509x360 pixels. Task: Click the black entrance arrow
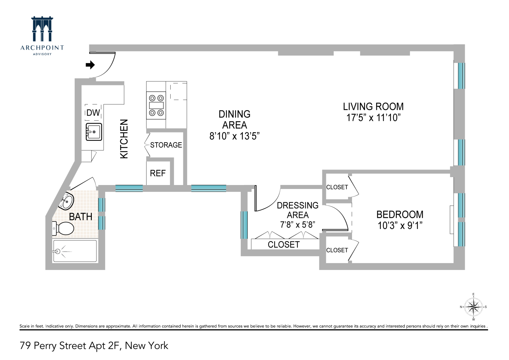tap(90, 65)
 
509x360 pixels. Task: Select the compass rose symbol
tap(473, 307)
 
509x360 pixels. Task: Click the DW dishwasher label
tap(93, 113)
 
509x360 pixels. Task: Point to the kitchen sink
tap(94, 132)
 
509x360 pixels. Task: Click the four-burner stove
tap(156, 105)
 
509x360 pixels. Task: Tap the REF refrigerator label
tap(158, 173)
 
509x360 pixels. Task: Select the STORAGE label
tap(166, 145)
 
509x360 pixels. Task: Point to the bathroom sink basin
tap(67, 201)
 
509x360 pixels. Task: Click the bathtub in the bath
tap(75, 251)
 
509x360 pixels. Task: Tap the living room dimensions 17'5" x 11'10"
tap(373, 118)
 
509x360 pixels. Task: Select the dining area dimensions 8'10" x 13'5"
tap(234, 136)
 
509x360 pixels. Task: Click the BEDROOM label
tap(400, 215)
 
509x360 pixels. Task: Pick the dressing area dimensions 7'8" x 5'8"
tap(297, 225)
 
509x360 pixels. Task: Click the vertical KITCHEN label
tap(124, 139)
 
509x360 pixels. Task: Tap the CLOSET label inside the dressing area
tap(284, 244)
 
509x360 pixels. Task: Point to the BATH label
tap(81, 217)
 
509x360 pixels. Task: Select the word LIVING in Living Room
tap(358, 107)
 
